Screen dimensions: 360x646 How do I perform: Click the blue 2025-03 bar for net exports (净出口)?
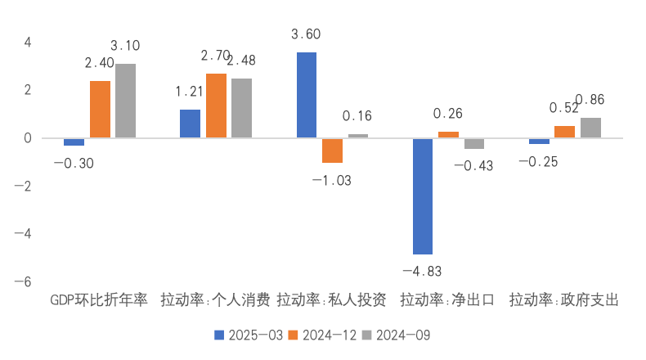tap(423, 196)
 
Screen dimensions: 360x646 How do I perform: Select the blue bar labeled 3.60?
tap(307, 95)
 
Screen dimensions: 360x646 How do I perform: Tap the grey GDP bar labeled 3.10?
tap(125, 101)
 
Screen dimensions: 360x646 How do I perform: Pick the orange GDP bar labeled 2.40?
tap(100, 110)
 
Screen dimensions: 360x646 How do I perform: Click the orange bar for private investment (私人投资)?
tap(332, 151)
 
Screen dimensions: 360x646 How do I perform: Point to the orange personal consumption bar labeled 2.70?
tap(216, 106)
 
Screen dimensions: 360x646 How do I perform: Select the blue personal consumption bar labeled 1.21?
tap(190, 124)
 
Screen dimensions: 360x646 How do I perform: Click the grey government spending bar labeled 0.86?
tap(590, 128)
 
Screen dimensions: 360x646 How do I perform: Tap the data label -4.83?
tap(423, 270)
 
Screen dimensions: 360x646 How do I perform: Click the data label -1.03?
tap(332, 180)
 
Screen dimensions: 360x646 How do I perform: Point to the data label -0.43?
tap(473, 165)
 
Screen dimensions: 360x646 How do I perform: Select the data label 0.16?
tap(357, 116)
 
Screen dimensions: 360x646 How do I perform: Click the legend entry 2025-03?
tap(249, 335)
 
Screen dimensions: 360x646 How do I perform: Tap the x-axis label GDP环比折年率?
tap(99, 300)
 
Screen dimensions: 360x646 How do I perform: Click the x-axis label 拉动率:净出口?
tap(447, 300)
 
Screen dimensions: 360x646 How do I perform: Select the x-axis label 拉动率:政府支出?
tap(564, 300)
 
